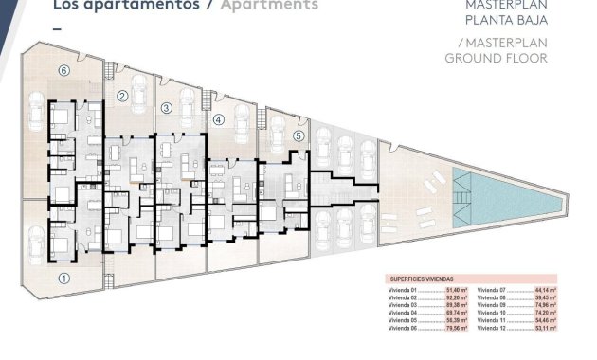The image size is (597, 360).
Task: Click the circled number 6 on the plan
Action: click(64, 70)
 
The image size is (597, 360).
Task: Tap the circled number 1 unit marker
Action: click(64, 278)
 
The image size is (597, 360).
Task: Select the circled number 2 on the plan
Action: click(122, 96)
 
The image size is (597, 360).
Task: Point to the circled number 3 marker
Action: click(166, 108)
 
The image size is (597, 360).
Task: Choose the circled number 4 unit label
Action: click(219, 120)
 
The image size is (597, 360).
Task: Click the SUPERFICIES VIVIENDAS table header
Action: click(424, 279)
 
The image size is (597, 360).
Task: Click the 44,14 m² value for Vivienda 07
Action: click(543, 290)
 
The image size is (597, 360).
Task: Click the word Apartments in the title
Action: click(269, 5)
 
